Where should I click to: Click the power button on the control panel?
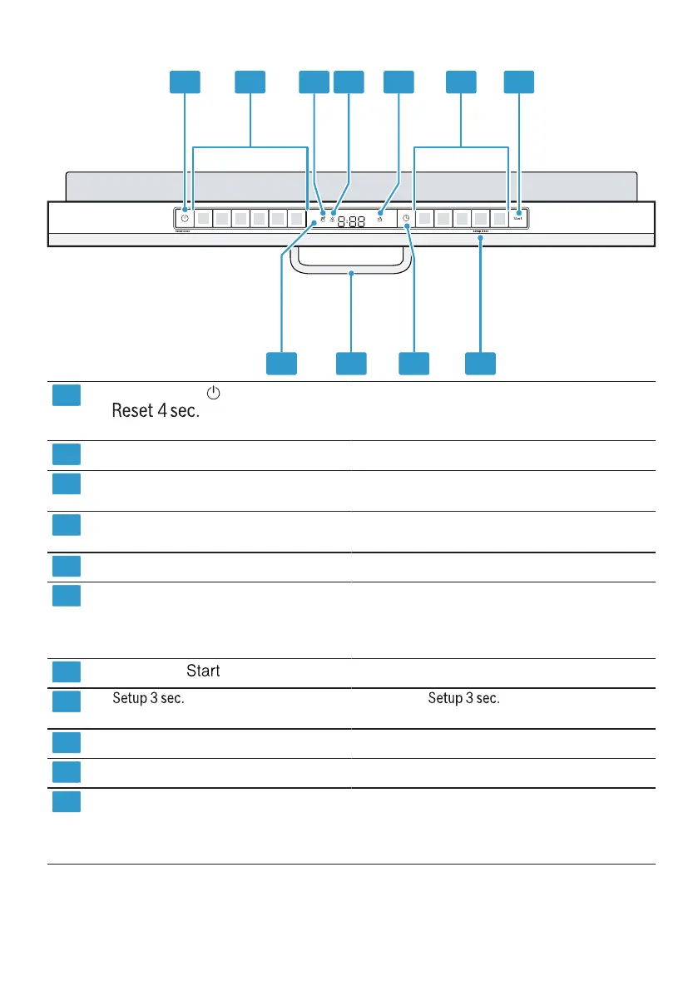pyautogui.click(x=184, y=219)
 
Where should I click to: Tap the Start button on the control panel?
pyautogui.click(x=518, y=219)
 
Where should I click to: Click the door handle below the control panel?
pyautogui.click(x=352, y=270)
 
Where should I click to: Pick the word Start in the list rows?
pyautogui.click(x=203, y=671)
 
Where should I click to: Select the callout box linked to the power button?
pyautogui.click(x=186, y=82)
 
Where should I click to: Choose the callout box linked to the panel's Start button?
pyautogui.click(x=520, y=82)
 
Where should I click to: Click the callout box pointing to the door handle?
pyautogui.click(x=351, y=363)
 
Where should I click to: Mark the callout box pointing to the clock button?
pyautogui.click(x=413, y=363)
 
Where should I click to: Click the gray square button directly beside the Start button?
pyautogui.click(x=498, y=219)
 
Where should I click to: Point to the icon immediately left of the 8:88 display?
pyautogui.click(x=332, y=219)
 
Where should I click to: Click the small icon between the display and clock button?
pyautogui.click(x=379, y=219)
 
